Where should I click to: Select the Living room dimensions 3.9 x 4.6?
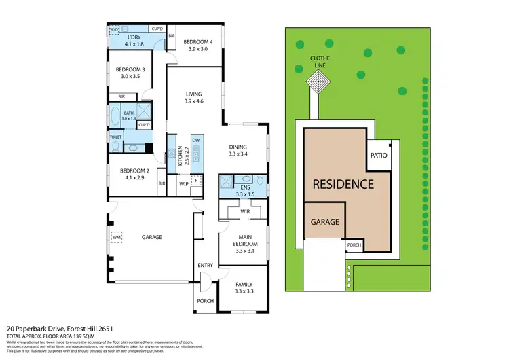click(194, 101)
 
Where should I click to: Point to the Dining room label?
click(238, 147)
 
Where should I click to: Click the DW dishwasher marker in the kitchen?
click(195, 140)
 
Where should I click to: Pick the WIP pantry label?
click(183, 183)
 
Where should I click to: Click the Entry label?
click(205, 265)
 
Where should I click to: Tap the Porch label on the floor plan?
click(205, 300)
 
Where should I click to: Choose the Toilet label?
click(115, 137)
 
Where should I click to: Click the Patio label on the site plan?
click(379, 156)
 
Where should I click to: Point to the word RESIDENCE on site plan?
click(343, 184)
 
